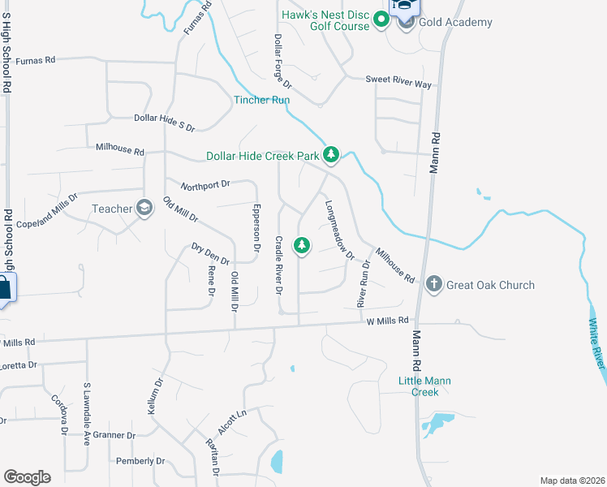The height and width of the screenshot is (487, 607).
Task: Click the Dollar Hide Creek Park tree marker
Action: [x=331, y=154]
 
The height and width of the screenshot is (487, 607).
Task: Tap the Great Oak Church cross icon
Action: [x=433, y=284]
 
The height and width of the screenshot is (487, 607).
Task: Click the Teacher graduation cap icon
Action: [x=144, y=209]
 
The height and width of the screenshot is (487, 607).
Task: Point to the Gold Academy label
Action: [x=455, y=22]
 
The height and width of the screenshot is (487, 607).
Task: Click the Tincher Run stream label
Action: [x=261, y=100]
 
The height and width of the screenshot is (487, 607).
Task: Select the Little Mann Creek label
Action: [x=424, y=386]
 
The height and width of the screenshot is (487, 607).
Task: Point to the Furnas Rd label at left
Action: [x=35, y=60]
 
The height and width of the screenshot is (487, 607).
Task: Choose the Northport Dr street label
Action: [x=206, y=185]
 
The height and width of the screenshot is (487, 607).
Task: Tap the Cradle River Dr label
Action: [x=278, y=265]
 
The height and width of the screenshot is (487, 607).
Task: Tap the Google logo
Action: [x=27, y=477]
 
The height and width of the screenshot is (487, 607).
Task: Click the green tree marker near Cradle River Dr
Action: [x=301, y=244]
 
